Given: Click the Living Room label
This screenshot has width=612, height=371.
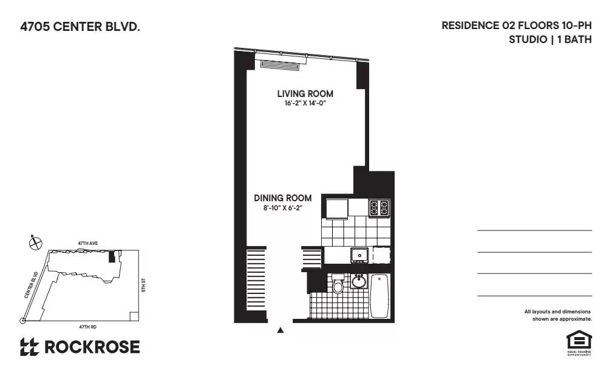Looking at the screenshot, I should point(305,94).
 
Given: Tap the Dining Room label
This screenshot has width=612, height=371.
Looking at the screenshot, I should point(283,198).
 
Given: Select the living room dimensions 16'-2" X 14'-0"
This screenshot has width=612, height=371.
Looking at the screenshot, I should point(305,104).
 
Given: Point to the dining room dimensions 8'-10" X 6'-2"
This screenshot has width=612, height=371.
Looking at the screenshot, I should point(279,209).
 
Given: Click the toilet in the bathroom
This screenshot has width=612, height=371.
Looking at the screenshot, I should point(338,284).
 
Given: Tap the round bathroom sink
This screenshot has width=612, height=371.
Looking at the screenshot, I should point(359,282).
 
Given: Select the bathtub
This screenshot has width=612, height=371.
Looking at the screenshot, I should point(379,296).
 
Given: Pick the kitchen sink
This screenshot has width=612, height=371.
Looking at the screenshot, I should point(359,255).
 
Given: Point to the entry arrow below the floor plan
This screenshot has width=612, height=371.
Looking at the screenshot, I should point(280,330).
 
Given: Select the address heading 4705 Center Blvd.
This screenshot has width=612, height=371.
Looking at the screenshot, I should point(76,27).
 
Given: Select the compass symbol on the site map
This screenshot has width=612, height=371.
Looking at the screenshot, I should point(36,242).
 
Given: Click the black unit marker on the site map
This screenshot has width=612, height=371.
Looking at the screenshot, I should point(111,257).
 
